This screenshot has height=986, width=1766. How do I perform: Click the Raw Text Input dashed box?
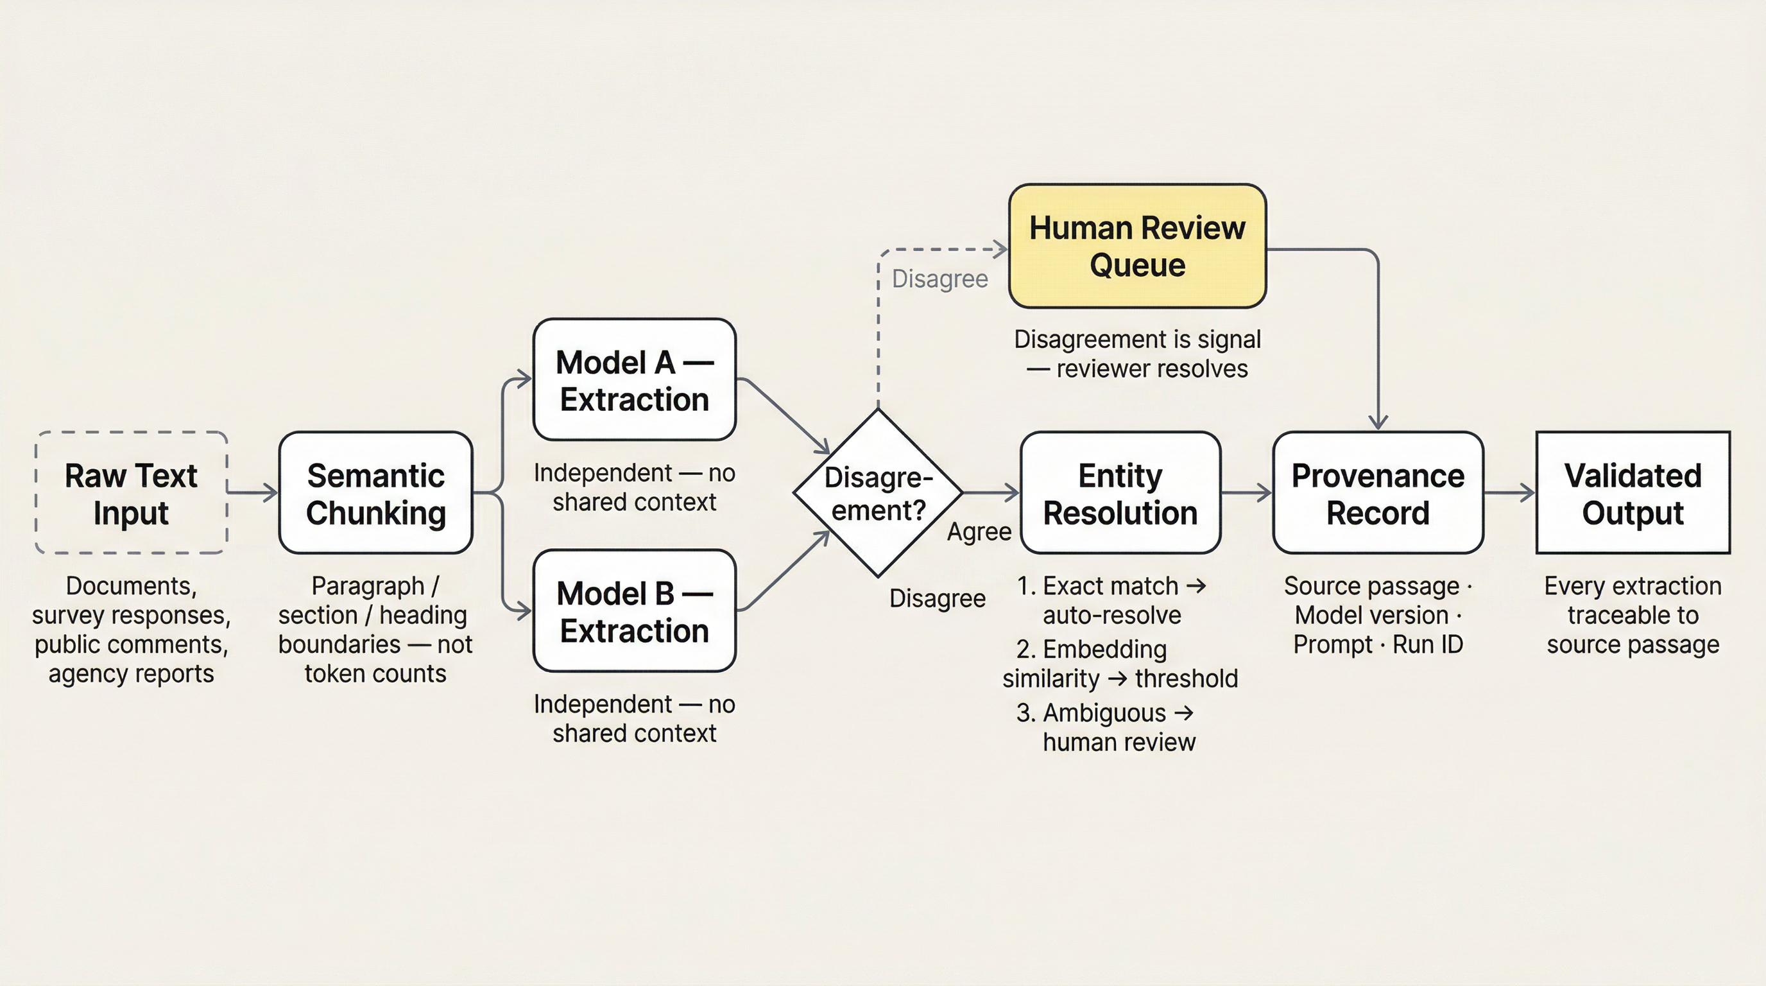[x=131, y=492]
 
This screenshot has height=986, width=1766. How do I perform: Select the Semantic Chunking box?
[x=375, y=492]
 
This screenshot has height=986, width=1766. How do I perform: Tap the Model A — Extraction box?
[x=634, y=379]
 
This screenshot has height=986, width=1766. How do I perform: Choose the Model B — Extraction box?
[x=634, y=610]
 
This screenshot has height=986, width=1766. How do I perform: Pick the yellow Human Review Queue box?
[x=1137, y=245]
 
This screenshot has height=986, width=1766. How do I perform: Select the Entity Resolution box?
[x=1120, y=492]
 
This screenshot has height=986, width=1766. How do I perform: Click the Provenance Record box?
[x=1378, y=492]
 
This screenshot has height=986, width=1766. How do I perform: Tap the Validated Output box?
[x=1633, y=492]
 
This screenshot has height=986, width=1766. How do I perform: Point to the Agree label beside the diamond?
[x=979, y=532]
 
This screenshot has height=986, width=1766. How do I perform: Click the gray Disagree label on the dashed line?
[x=940, y=279]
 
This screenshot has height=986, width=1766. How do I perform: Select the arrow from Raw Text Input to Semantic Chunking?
[x=252, y=492]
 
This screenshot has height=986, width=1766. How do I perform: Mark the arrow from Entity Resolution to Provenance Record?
[x=1246, y=492]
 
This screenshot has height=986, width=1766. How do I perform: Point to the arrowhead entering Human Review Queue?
[x=1001, y=250]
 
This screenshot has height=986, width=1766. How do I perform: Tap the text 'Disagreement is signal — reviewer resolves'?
[x=1137, y=354]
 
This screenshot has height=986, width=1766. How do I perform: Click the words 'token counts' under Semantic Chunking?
[x=375, y=673]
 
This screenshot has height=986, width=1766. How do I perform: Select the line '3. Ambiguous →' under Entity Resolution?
[x=1105, y=713]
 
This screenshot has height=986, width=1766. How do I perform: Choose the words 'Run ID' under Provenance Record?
[x=1428, y=644]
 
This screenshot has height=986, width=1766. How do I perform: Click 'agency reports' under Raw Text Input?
[x=131, y=673]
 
